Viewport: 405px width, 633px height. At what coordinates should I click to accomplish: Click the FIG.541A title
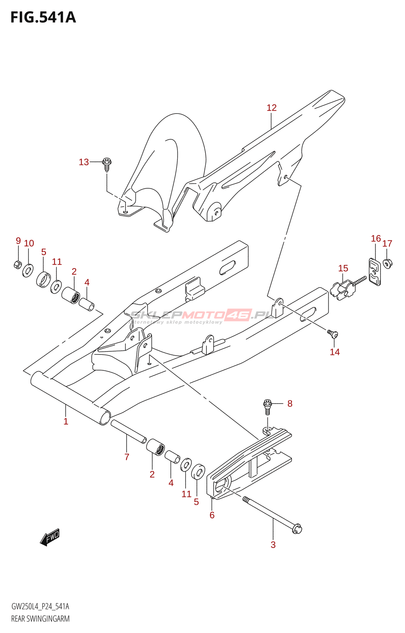(x=43, y=17)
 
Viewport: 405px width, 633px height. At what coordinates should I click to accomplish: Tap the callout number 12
(x=272, y=108)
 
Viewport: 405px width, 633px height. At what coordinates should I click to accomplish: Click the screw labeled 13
(x=107, y=164)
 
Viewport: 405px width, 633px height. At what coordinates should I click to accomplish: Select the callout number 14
(x=335, y=352)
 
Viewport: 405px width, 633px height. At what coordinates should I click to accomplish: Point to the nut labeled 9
(x=17, y=264)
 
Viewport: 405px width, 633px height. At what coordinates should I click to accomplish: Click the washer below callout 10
(x=28, y=271)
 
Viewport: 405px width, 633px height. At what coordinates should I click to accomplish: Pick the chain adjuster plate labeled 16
(x=375, y=272)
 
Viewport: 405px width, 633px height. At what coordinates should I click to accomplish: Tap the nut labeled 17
(x=388, y=263)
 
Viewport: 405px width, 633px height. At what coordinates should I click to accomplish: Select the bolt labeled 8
(x=268, y=406)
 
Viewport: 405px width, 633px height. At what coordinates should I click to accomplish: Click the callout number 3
(x=273, y=544)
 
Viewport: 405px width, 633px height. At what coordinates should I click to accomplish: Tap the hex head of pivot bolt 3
(x=296, y=528)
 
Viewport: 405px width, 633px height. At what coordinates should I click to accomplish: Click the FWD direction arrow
(x=50, y=538)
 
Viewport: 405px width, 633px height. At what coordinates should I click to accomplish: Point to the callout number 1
(x=66, y=421)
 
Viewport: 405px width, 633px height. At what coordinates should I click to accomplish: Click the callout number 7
(x=127, y=457)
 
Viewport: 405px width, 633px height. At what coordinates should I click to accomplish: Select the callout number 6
(x=212, y=515)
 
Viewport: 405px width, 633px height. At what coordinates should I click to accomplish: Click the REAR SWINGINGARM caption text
(x=40, y=619)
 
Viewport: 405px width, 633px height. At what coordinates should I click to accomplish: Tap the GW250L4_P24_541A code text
(x=40, y=606)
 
